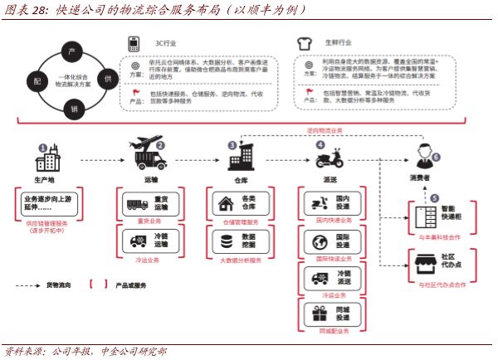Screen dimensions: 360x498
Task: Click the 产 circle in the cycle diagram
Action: point(73,52)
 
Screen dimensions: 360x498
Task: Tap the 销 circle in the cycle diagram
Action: point(73,108)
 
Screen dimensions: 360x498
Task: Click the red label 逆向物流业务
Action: point(325,130)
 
